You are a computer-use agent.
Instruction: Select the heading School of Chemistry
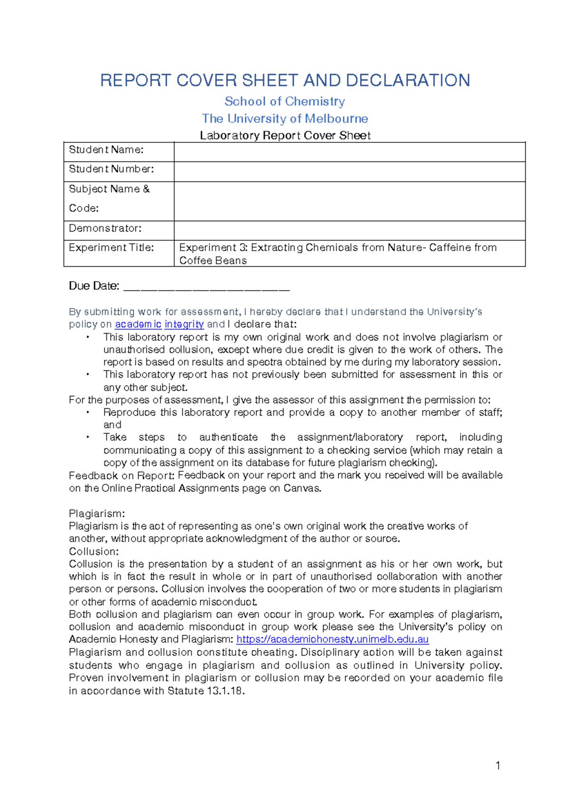pos(285,102)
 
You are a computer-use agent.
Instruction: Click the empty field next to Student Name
pos(349,152)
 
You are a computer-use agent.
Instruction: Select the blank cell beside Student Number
pos(349,171)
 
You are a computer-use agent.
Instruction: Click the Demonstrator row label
pos(105,228)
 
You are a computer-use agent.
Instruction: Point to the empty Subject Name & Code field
pos(349,201)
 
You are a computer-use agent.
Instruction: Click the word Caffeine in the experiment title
pos(443,248)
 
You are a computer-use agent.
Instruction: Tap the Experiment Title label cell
pos(111,248)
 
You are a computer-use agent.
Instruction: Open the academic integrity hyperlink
pos(159,324)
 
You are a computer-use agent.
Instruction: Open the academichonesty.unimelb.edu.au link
pos(332,639)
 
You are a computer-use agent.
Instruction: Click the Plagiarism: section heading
pos(97,514)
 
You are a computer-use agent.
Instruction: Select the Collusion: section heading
pos(94,552)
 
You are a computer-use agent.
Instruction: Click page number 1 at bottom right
pos(497,765)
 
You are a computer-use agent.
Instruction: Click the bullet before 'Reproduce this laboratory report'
pos(88,412)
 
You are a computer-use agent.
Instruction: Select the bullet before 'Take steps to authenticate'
pos(88,437)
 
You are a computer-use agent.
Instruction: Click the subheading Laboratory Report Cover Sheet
pos(285,136)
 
